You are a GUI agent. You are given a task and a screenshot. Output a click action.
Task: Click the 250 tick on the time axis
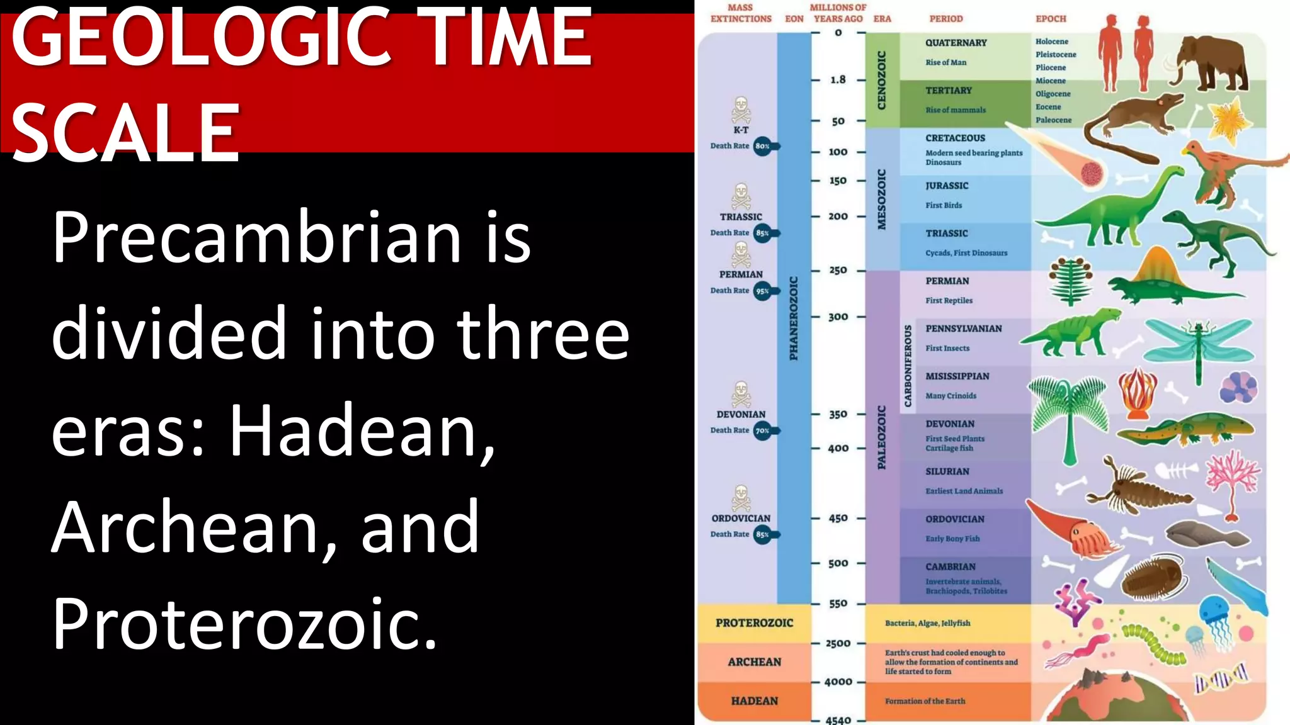[x=838, y=270]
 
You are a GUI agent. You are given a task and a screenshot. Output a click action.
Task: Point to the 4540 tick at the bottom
[x=838, y=720]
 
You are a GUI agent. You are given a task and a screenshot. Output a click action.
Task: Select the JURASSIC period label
[x=947, y=186]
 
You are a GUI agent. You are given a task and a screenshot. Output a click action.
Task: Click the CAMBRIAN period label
[x=950, y=566]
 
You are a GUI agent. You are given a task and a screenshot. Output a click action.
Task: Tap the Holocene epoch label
[x=1051, y=42]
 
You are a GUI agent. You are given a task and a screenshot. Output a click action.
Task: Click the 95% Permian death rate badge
[x=763, y=291]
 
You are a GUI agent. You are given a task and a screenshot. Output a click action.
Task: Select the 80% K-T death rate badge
[x=763, y=146]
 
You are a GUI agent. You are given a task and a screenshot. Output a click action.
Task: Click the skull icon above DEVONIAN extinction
[x=741, y=394]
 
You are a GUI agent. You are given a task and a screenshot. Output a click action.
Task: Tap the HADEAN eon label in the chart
[x=754, y=701]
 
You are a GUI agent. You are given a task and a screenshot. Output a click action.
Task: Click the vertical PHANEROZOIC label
[x=794, y=318]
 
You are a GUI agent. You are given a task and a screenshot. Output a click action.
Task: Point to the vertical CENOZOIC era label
[x=882, y=80]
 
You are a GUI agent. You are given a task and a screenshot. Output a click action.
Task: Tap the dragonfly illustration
[x=1197, y=346]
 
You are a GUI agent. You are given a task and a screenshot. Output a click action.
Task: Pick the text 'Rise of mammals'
[x=955, y=110]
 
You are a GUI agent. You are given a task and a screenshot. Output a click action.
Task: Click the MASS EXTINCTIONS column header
[x=740, y=13]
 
